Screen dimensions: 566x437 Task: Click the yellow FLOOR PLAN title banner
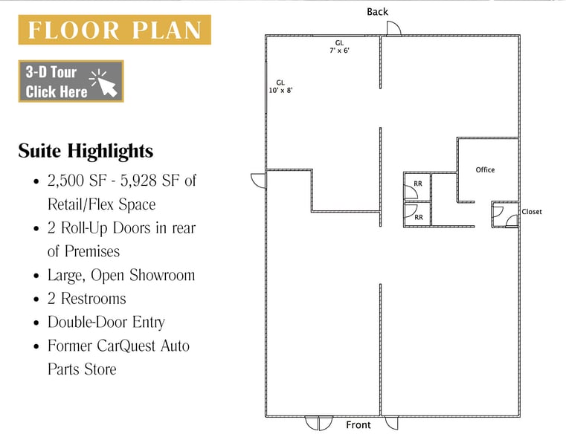[x=115, y=30]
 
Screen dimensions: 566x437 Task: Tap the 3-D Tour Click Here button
[x=71, y=81]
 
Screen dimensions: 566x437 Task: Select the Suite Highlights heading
[x=86, y=151]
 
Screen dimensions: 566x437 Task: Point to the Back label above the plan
[x=377, y=12]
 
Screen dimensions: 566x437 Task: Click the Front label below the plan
[x=358, y=425]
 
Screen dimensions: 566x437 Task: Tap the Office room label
[x=485, y=170]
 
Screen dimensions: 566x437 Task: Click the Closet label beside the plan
[x=532, y=212]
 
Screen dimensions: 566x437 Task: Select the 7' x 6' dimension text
[x=339, y=51]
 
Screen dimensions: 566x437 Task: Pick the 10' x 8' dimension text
[x=280, y=90]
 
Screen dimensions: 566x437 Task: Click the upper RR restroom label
[x=418, y=184]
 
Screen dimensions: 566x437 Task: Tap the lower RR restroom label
[x=419, y=218]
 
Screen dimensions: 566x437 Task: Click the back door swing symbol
[x=394, y=28]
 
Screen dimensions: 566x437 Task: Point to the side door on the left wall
[x=258, y=181]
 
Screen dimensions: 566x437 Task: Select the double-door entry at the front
[x=318, y=423]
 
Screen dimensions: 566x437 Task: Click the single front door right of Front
[x=392, y=423]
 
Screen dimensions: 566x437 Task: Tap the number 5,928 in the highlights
[x=138, y=181]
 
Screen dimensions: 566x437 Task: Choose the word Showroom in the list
[x=162, y=275]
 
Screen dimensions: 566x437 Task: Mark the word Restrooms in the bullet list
[x=94, y=299]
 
